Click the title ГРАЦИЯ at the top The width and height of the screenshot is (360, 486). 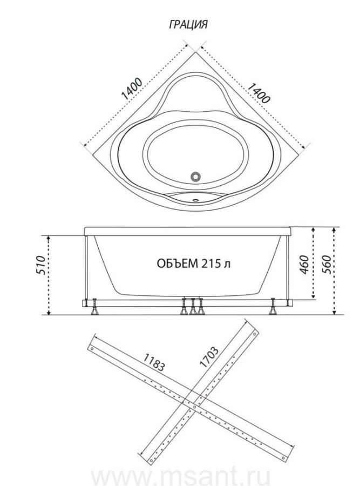[x=188, y=24]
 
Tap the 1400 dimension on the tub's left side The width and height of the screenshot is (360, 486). [x=132, y=89]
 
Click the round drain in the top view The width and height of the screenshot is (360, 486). [x=195, y=177]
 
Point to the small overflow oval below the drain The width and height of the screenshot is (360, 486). [x=196, y=200]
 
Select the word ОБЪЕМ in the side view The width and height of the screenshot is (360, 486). [x=178, y=264]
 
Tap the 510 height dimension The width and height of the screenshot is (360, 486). [x=41, y=265]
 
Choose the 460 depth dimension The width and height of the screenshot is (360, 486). [x=304, y=265]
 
